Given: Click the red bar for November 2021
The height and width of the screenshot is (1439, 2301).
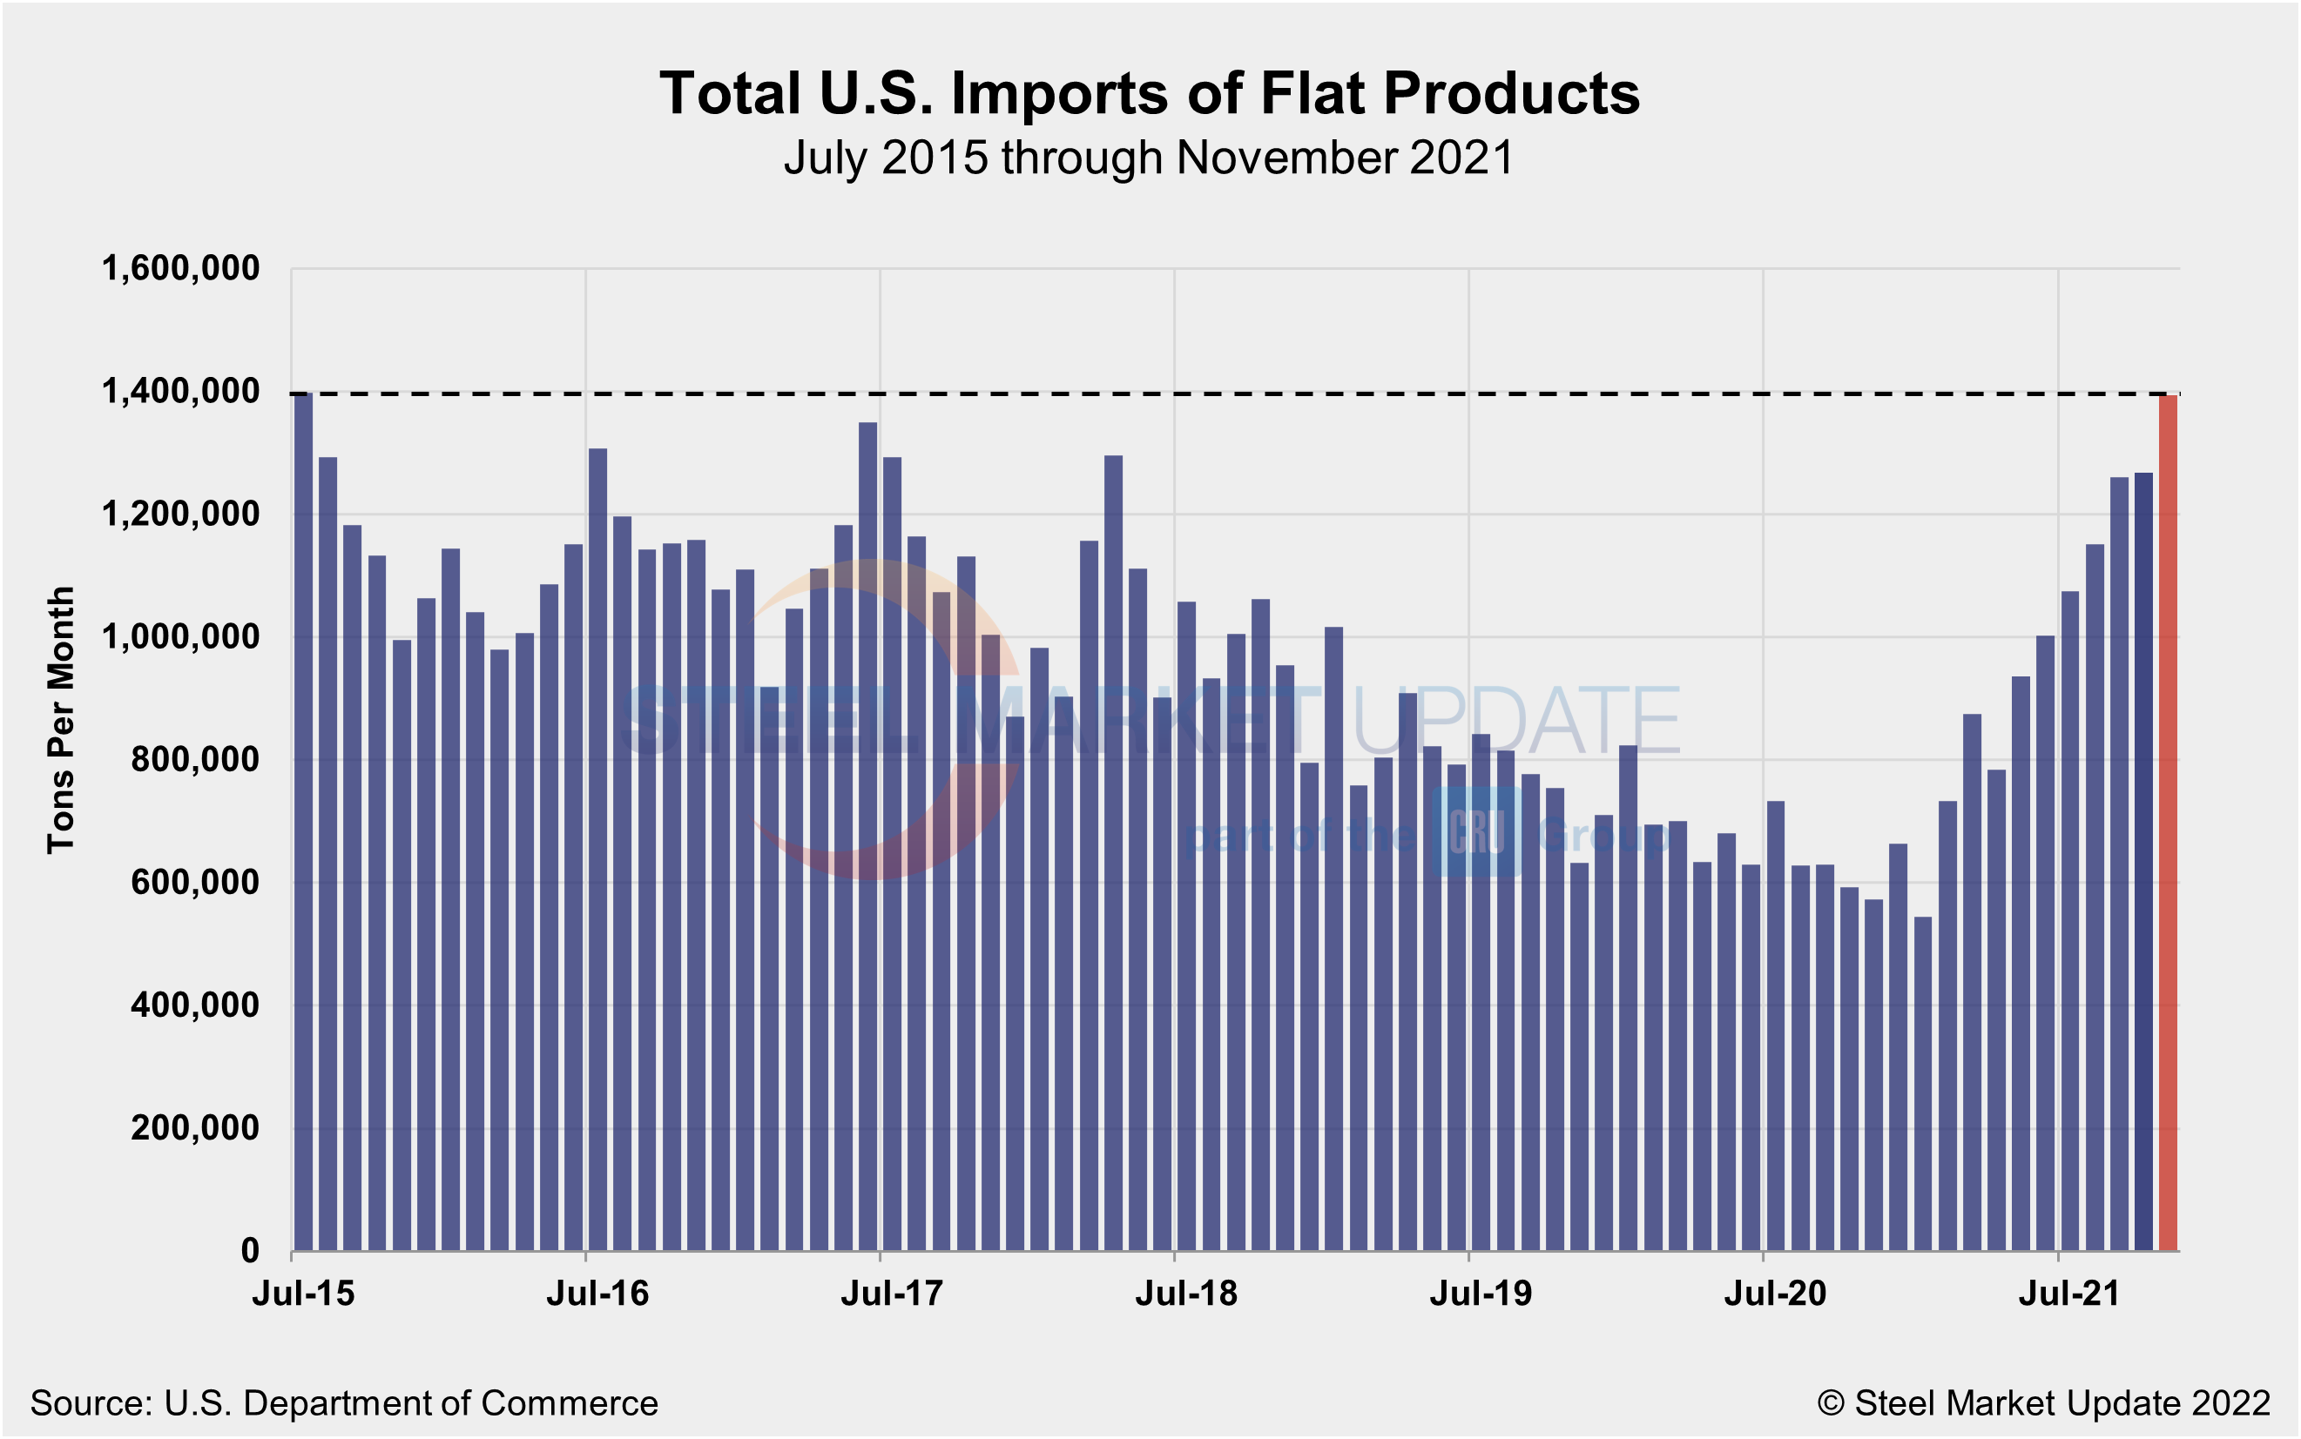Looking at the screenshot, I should (2168, 824).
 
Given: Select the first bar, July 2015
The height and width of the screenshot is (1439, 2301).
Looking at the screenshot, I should (304, 824).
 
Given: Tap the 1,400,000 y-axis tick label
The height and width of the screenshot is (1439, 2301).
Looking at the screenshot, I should (180, 391).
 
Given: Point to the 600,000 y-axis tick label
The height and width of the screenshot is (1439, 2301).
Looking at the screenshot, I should (194, 882).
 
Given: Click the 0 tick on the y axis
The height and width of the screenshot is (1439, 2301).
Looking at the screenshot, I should (249, 1251).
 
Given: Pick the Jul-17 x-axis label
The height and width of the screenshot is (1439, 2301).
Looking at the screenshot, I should (892, 1294).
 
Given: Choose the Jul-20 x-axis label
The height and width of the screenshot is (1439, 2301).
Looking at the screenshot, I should (1776, 1294).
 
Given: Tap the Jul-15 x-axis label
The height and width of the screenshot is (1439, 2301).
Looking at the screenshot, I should (303, 1294).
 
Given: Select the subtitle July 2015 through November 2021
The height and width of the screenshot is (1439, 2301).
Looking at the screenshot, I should (1149, 158).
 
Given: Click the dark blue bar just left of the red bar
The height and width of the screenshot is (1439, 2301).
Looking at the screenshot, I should (2143, 861).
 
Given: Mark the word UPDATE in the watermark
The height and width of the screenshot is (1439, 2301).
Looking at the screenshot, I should (1515, 722).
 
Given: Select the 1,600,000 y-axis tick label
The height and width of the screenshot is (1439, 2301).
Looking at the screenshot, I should (180, 268).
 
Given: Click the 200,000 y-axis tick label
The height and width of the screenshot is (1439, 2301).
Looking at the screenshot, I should (194, 1128).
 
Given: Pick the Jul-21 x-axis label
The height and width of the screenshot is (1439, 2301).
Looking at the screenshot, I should (2069, 1294).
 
